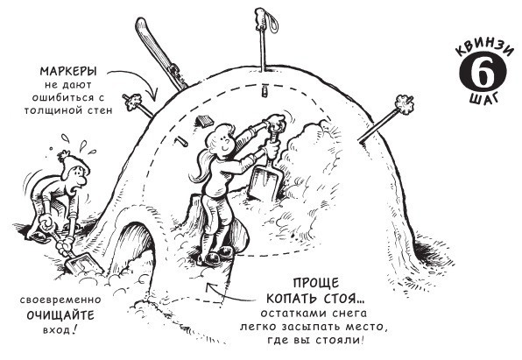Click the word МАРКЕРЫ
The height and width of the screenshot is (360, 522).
tap(68, 71)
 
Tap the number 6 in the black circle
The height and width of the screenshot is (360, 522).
tap(483, 73)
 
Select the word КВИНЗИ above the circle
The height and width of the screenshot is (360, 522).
tap(483, 49)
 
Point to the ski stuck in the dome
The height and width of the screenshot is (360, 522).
tap(161, 53)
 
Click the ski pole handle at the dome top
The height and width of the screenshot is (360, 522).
tap(261, 18)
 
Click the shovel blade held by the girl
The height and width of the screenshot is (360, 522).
tap(265, 182)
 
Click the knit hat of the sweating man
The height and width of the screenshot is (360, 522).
tap(75, 163)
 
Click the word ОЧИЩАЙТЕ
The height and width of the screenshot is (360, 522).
tap(60, 315)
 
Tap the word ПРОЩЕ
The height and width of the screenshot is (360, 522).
tap(316, 283)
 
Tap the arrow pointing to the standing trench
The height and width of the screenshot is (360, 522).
tap(229, 294)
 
